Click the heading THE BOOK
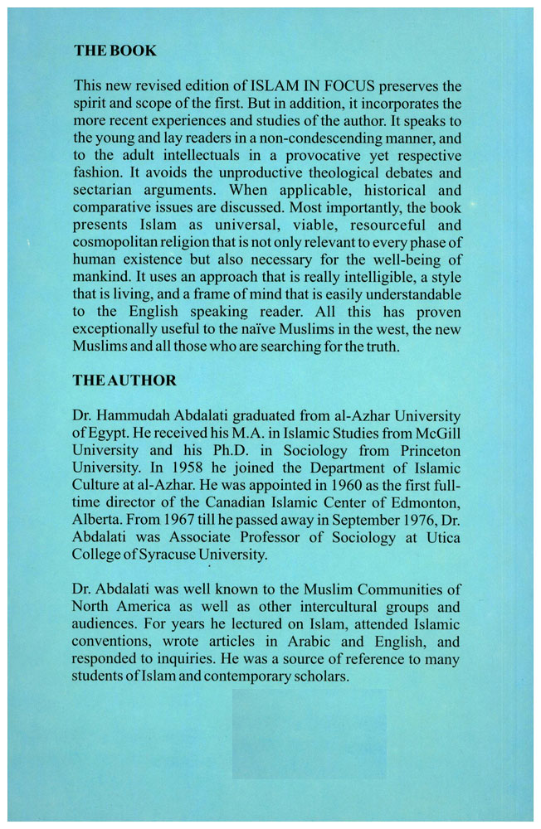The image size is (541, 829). [115, 51]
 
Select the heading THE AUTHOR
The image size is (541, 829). [124, 381]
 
